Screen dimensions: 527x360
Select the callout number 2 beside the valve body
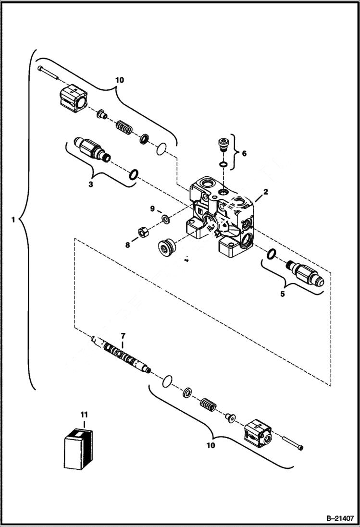coord(265,192)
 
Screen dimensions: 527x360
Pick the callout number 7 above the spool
coord(123,335)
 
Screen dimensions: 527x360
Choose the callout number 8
coord(127,245)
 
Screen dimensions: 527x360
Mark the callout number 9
coord(153,209)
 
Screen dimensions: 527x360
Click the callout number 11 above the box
coord(84,413)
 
